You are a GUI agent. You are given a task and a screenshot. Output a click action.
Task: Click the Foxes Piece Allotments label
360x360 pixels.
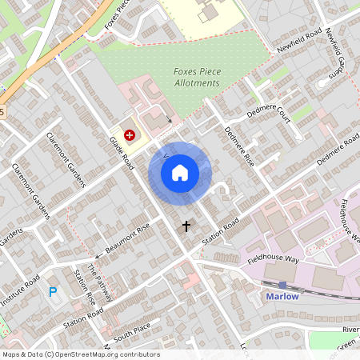196,78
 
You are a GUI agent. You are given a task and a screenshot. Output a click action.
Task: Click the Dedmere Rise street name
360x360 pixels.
238,147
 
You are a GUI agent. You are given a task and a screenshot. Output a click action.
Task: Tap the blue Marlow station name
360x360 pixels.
280,297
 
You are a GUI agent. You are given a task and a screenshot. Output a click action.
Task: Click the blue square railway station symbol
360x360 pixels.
282,284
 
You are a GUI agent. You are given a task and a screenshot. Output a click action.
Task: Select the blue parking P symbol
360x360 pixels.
54,293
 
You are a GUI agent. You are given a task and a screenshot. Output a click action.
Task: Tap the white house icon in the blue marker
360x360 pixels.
180,172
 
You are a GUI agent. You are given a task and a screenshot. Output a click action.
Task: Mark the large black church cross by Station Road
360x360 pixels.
186,226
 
